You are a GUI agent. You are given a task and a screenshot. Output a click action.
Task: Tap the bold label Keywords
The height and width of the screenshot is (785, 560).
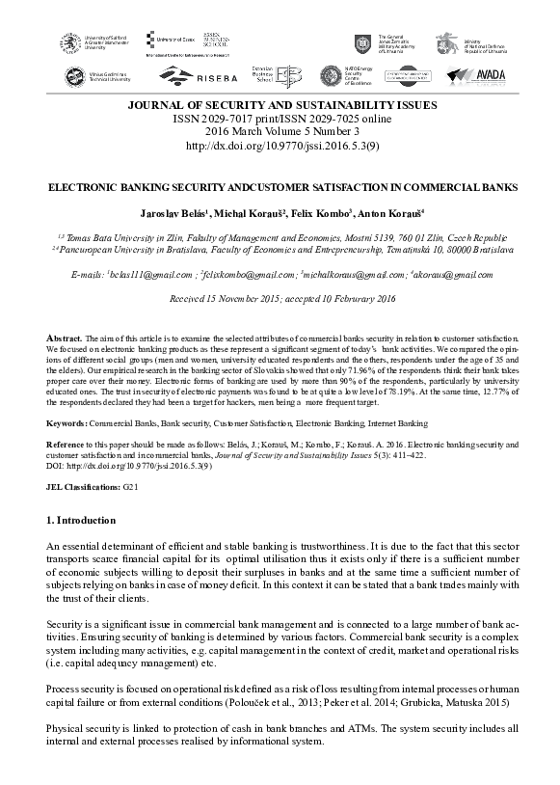[68, 423]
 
